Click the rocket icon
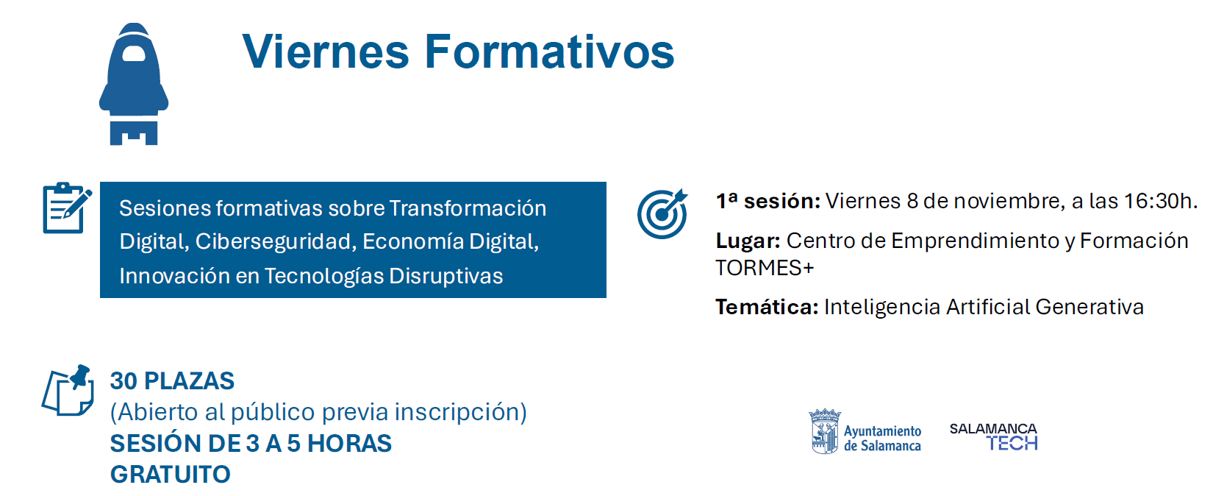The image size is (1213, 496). (x=134, y=84)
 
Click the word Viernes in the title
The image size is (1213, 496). (x=326, y=52)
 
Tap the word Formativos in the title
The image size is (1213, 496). (x=550, y=52)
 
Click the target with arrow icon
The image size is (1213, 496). (x=662, y=213)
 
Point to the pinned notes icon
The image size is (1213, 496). (x=68, y=390)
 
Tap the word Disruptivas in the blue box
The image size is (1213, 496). (x=446, y=276)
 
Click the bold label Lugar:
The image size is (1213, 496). (x=748, y=241)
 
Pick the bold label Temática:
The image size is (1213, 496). (x=767, y=307)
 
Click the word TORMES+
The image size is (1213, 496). (x=765, y=268)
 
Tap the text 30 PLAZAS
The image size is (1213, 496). (x=172, y=380)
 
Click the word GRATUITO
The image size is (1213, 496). (x=170, y=475)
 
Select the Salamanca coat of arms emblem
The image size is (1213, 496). (x=824, y=431)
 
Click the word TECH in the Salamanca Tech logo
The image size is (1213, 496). (x=1012, y=444)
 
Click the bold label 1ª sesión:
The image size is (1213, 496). (x=768, y=201)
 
